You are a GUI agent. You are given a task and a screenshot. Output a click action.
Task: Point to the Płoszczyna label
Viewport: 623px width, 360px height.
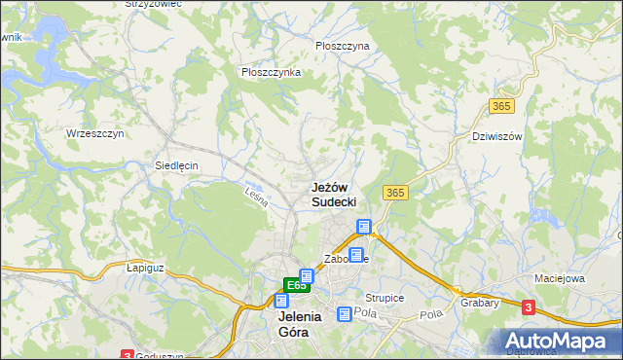343,46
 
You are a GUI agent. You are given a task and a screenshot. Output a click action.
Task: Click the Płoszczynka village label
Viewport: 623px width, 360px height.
271,72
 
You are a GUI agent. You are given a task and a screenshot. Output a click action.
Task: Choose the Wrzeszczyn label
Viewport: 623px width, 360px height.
94,133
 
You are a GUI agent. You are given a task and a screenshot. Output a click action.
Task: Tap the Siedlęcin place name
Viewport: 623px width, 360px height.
176,165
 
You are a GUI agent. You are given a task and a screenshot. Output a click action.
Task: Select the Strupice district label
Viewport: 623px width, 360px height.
385,297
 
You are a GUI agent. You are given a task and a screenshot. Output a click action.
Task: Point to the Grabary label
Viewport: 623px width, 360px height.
481,302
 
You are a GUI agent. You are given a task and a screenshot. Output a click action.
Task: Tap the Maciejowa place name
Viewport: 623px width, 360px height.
559,278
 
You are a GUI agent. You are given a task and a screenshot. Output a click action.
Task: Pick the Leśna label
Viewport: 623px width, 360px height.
256,196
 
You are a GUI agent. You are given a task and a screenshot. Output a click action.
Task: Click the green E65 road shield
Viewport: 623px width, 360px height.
297,285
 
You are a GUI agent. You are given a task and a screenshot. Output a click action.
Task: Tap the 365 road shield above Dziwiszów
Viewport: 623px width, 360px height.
501,105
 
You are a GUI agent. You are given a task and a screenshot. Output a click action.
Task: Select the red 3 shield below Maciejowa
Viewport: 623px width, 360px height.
529,307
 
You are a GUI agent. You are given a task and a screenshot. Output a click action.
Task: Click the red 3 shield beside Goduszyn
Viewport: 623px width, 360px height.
127,355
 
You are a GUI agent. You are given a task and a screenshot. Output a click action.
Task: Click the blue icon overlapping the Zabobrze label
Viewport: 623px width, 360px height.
355,255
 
